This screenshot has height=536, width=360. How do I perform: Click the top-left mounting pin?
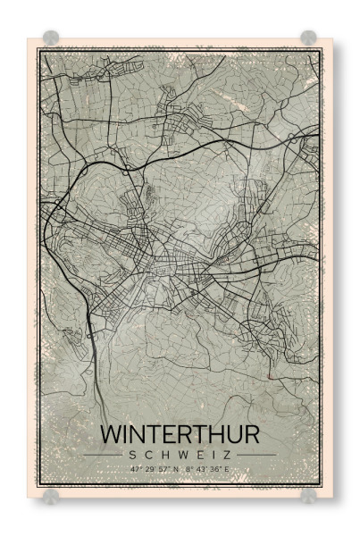[51, 38]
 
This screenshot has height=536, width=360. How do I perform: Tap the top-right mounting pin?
[308, 38]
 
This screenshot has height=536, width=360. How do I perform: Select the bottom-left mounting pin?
[51, 495]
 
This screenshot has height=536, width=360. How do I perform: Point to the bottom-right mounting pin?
[308, 495]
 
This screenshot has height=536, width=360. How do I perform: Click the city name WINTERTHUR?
[180, 434]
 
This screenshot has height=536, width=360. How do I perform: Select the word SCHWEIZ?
[180, 455]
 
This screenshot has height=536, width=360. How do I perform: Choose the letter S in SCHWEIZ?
[133, 455]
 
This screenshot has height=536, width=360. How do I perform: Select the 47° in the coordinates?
[135, 468]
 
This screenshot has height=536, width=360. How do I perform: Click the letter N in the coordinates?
[177, 468]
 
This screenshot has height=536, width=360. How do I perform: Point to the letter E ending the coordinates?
[228, 468]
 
